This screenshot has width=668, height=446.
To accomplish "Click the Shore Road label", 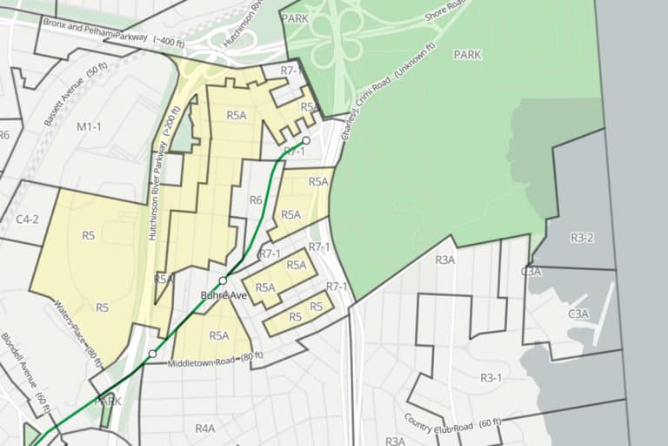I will pos(445,13).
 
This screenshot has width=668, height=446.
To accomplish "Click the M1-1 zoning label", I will pos(90,127).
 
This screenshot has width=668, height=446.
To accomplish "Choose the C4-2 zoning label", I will pos(28,219).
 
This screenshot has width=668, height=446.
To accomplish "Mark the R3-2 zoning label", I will pos(582,237).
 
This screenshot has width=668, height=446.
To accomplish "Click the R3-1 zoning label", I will pos(492,377).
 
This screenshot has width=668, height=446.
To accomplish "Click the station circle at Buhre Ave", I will pos(224,280).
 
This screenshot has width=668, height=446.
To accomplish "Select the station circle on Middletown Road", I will pos(152,354).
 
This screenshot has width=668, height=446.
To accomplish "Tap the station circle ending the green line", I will pos(306,140).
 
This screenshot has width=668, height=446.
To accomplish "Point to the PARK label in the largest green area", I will pos(467,54).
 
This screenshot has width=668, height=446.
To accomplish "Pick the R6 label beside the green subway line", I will pos(256,200).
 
